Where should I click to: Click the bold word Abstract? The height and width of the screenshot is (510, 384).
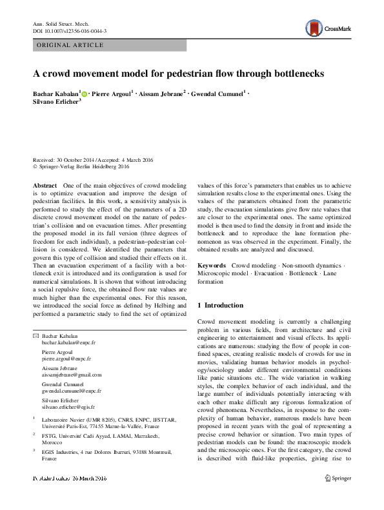point(45,184)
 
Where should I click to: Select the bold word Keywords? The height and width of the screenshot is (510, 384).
point(212,266)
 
